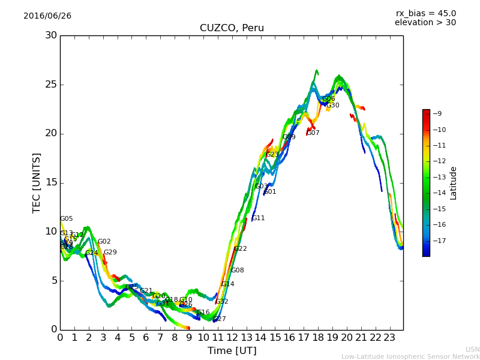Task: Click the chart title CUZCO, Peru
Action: (232, 28)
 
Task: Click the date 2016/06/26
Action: (47, 16)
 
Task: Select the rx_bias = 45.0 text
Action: (425, 14)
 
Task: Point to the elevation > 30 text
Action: (425, 23)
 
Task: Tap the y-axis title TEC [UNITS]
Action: (37, 182)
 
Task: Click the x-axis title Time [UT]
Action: (232, 350)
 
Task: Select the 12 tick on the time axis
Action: (232, 337)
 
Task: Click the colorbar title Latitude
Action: (454, 183)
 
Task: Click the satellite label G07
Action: (313, 133)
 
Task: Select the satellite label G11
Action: (258, 218)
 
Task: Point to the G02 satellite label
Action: (104, 242)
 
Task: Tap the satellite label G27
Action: (220, 319)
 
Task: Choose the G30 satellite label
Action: (332, 106)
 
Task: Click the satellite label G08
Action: (238, 271)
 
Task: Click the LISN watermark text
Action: (472, 349)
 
